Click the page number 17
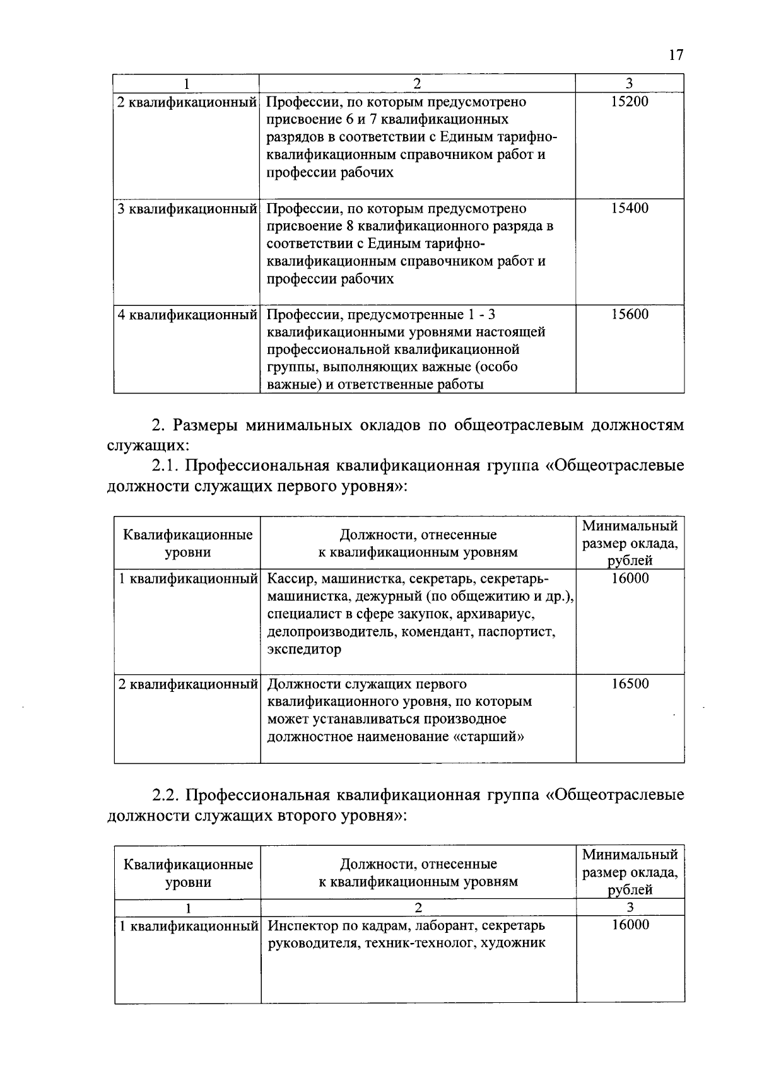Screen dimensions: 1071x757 (676, 56)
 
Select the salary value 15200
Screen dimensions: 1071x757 (630, 102)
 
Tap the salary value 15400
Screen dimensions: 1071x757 (630, 209)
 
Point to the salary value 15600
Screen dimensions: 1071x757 (630, 315)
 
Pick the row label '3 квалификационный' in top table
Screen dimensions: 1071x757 (187, 209)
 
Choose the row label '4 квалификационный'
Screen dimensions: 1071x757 (187, 315)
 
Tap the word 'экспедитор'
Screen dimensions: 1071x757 (304, 650)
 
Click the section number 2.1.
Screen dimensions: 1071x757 (166, 466)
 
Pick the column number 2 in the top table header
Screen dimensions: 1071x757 (417, 83)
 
